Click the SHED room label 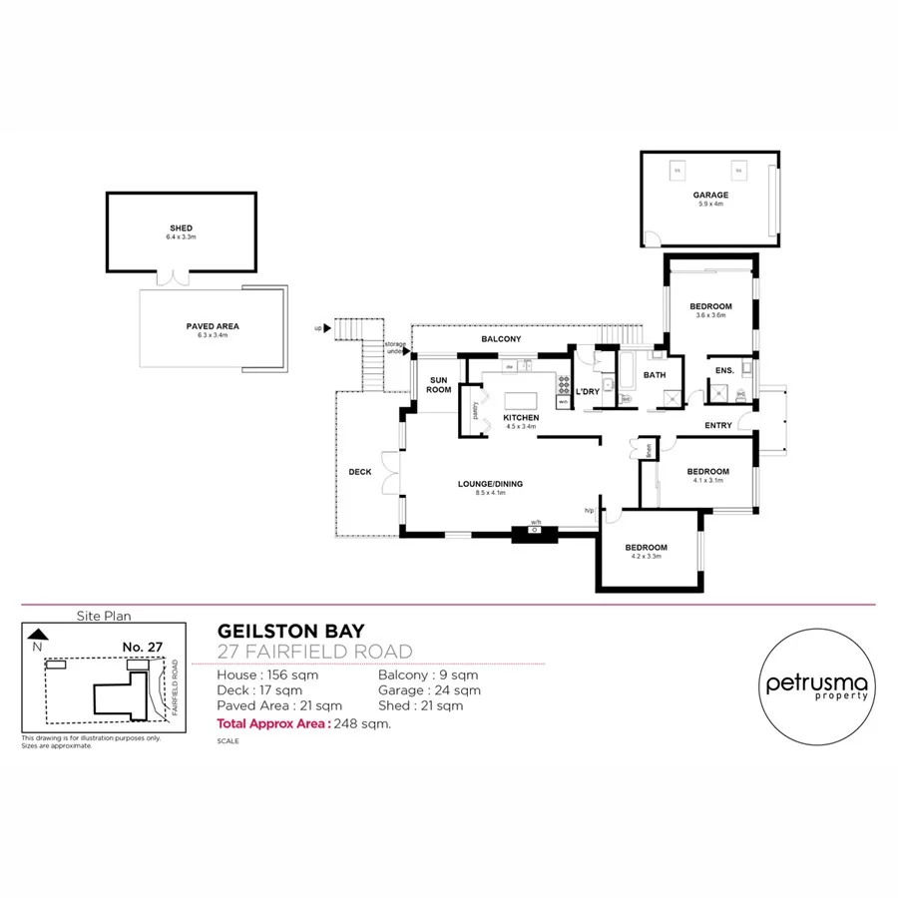pyautogui.click(x=182, y=228)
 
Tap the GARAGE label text pyautogui.click(x=711, y=196)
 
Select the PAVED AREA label pyautogui.click(x=213, y=326)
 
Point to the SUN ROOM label pyautogui.click(x=440, y=385)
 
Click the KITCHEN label pyautogui.click(x=521, y=417)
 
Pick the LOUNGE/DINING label pyautogui.click(x=490, y=485)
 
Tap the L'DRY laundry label pyautogui.click(x=588, y=392)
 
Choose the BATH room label pyautogui.click(x=655, y=375)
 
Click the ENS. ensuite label pyautogui.click(x=724, y=371)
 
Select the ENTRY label pyautogui.click(x=718, y=426)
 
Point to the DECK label pyautogui.click(x=360, y=472)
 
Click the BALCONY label pyautogui.click(x=501, y=340)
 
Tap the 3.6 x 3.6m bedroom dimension pyautogui.click(x=711, y=315)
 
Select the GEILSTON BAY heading pyautogui.click(x=291, y=631)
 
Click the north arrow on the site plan pyautogui.click(x=38, y=634)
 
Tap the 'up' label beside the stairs pyautogui.click(x=318, y=327)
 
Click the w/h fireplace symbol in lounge pyautogui.click(x=536, y=531)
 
